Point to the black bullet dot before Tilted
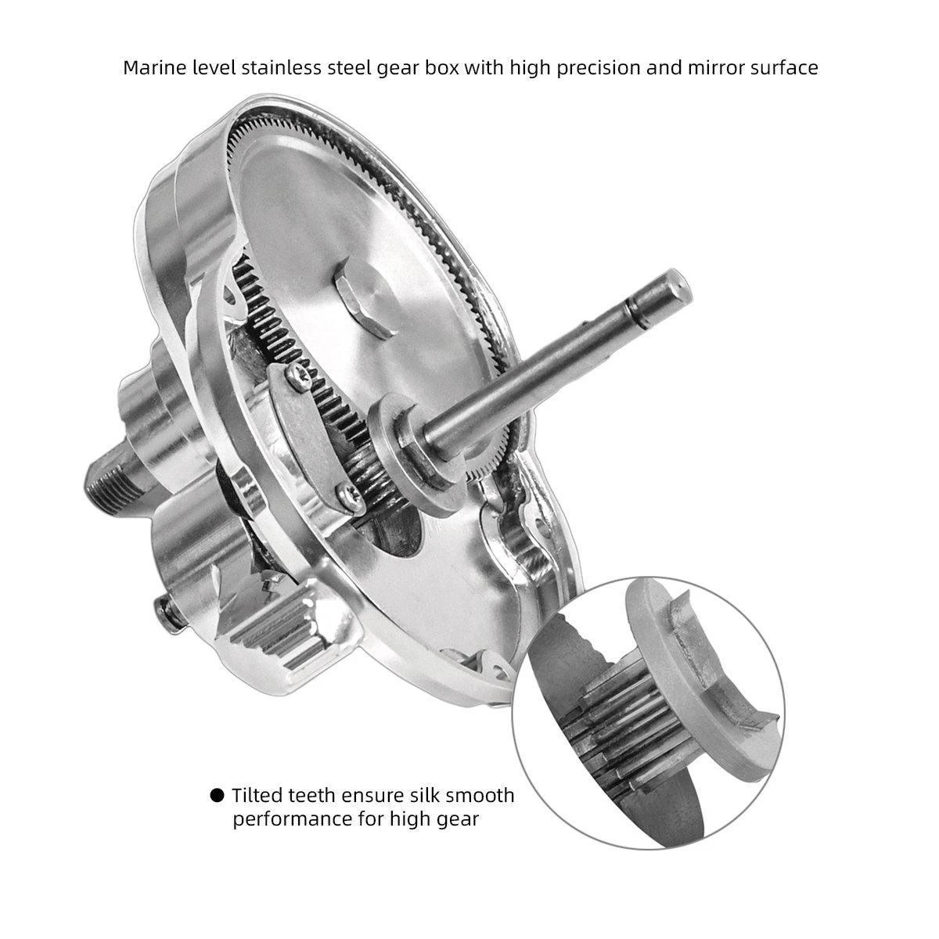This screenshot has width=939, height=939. (217, 796)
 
